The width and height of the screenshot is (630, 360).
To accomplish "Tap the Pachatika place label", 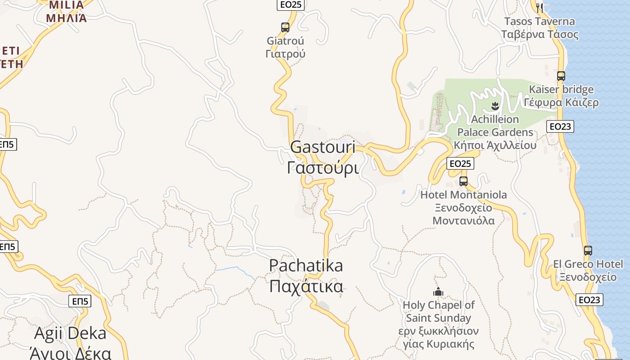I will click(306, 275).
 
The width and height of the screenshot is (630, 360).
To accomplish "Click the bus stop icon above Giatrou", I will click(285, 27).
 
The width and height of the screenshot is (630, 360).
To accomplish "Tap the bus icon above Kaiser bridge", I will click(561, 76).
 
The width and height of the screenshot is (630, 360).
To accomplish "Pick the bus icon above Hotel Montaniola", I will click(463, 181).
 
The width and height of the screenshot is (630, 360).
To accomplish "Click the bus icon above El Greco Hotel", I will click(588, 251).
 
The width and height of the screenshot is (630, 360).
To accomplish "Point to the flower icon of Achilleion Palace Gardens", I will click(495, 106).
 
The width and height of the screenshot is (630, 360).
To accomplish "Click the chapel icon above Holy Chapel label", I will click(438, 292).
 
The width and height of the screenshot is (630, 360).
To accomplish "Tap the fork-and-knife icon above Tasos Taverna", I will click(540, 8).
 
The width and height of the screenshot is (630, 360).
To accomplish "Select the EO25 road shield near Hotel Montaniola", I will click(460, 163).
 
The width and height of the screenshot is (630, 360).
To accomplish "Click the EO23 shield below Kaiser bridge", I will click(561, 126).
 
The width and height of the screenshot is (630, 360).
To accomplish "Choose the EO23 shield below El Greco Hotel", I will click(589, 300).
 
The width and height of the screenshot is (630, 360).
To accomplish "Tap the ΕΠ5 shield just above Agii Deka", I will click(80, 301).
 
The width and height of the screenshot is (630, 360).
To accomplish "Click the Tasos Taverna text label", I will click(540, 27).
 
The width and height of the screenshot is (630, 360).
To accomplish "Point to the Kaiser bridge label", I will click(561, 96).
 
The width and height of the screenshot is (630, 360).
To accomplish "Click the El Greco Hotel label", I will click(588, 270).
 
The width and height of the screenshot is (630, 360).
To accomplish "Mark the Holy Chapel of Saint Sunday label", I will click(438, 324).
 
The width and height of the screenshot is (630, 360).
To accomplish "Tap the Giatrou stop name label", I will click(285, 47).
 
